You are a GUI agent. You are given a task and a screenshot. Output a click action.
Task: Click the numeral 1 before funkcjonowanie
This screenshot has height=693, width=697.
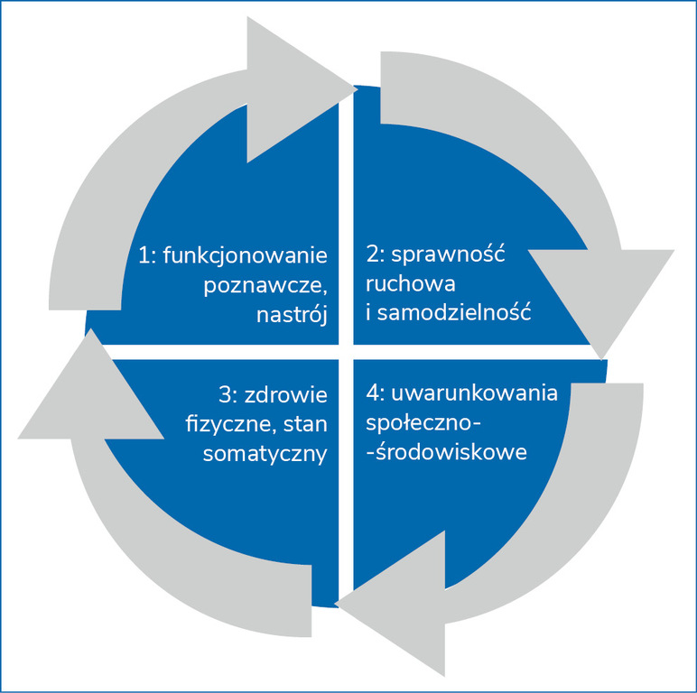144,255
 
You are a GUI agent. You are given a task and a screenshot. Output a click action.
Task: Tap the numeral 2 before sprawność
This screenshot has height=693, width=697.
371,254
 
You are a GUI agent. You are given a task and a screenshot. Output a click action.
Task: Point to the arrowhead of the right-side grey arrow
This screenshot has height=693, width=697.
600,298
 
